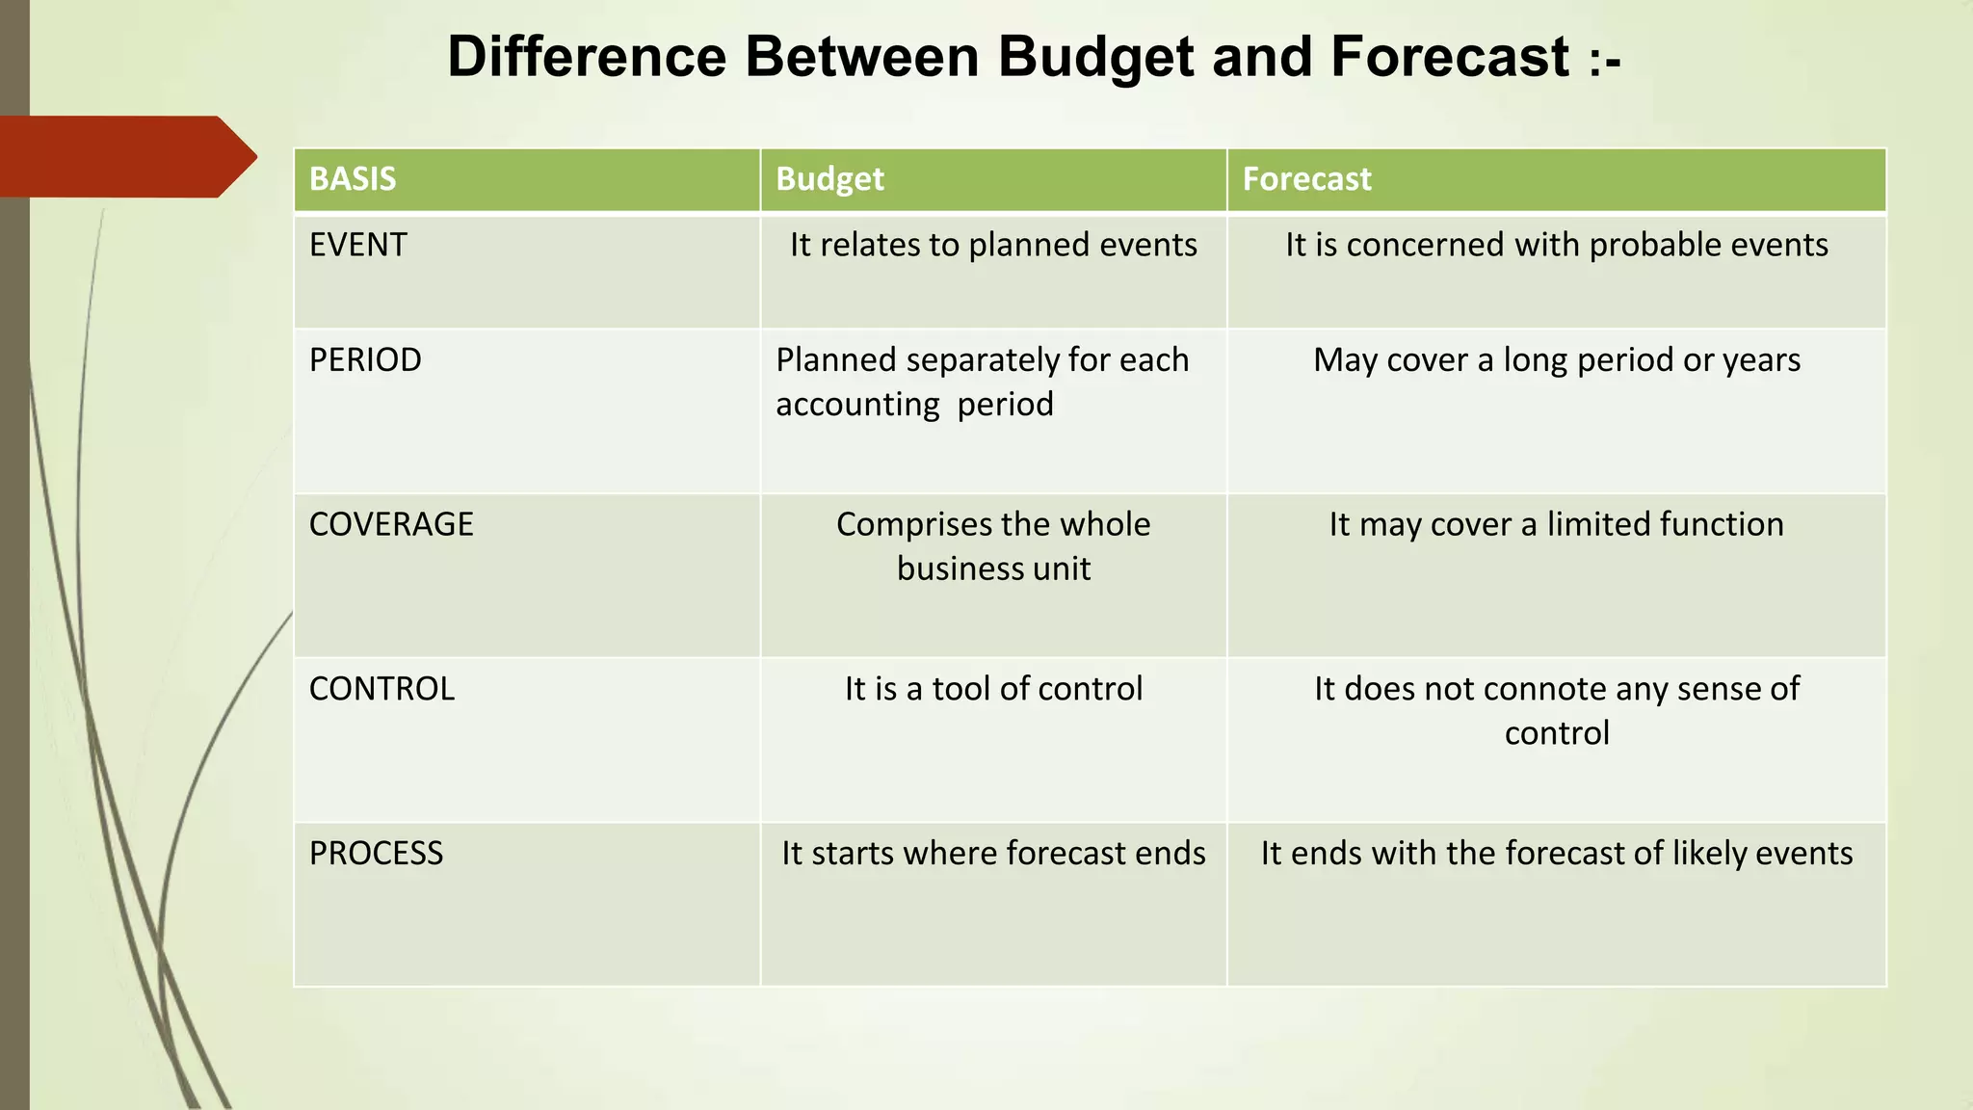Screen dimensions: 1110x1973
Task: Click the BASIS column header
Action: tap(353, 179)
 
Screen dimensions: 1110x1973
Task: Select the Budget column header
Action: tap(829, 179)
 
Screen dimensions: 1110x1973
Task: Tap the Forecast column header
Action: tap(1306, 179)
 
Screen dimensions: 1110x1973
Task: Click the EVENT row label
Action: tap(358, 245)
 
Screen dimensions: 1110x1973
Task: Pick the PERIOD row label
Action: tap(365, 359)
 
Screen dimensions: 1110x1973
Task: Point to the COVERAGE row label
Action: tap(391, 524)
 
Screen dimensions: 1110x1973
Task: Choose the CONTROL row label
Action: tap(381, 689)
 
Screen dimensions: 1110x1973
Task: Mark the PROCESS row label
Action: tap(376, 854)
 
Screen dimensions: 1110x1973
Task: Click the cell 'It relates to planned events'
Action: tap(993, 245)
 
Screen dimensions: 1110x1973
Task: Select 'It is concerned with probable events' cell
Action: tap(1556, 245)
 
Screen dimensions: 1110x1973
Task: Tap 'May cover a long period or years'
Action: tap(1556, 359)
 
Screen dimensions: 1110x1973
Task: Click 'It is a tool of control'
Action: tap(993, 689)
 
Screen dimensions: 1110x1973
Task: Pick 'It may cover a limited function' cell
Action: tap(1556, 524)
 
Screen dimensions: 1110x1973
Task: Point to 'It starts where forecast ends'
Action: tap(993, 854)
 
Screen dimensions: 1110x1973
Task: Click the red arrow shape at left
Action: tap(125, 157)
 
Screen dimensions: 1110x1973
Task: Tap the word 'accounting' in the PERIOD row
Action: tap(857, 405)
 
